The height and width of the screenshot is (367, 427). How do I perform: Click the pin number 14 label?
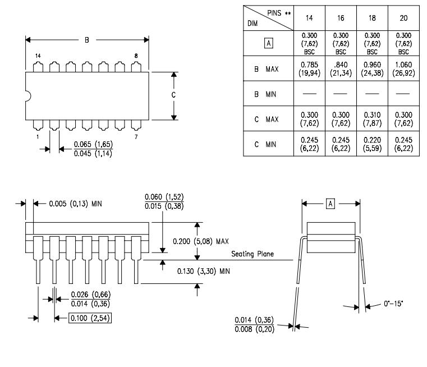tap(38, 56)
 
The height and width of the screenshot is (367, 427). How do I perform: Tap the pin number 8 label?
tap(136, 56)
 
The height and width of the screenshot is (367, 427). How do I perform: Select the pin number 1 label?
tap(38, 136)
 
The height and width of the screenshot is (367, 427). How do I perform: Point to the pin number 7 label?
tap(136, 136)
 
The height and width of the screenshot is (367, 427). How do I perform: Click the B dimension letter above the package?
tap(86, 40)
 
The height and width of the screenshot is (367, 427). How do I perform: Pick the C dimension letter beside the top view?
tap(174, 95)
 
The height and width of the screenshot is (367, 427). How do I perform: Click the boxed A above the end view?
tap(330, 203)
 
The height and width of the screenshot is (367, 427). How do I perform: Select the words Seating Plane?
tap(252, 254)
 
